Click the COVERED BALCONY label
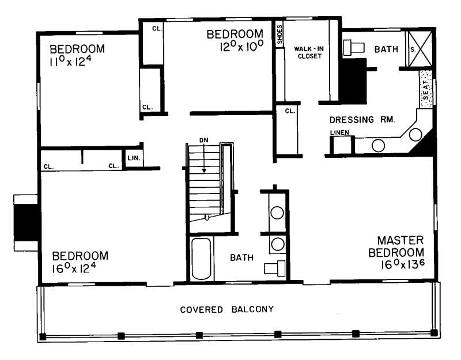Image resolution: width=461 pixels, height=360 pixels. pyautogui.click(x=226, y=309)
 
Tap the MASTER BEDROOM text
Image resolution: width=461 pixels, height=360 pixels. pyautogui.click(x=400, y=246)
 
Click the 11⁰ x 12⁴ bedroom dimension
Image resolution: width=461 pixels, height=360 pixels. pyautogui.click(x=77, y=61)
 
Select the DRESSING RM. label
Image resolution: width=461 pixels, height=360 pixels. pyautogui.click(x=361, y=120)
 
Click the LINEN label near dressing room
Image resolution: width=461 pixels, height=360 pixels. pyautogui.click(x=339, y=133)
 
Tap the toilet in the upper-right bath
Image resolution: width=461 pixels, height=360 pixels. pyautogui.click(x=353, y=48)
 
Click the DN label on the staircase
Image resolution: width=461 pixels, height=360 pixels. pyautogui.click(x=203, y=140)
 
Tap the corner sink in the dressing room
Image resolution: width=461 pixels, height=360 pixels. pyautogui.click(x=416, y=135)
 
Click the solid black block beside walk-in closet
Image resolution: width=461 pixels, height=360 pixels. pyautogui.click(x=352, y=81)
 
